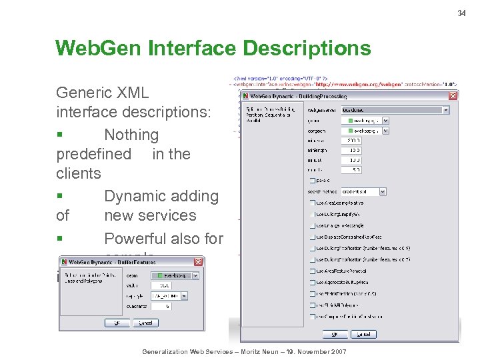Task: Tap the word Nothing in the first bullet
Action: [131, 135]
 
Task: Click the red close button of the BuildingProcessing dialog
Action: [453, 95]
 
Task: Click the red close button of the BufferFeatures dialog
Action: [198, 262]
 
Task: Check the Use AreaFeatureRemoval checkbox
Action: [313, 271]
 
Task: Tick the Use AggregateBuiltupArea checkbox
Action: [313, 283]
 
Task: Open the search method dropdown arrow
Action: [382, 191]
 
